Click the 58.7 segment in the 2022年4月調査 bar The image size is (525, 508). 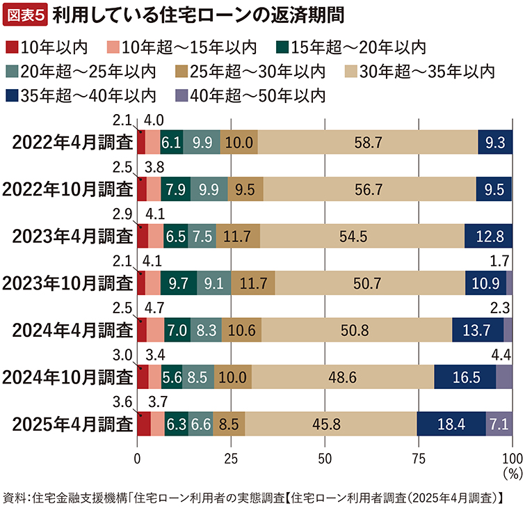pyautogui.click(x=368, y=142)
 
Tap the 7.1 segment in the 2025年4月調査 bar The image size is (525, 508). pyautogui.click(x=499, y=423)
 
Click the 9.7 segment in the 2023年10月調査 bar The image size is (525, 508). pyautogui.click(x=179, y=283)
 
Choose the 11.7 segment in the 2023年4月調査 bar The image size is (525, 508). pyautogui.click(x=238, y=236)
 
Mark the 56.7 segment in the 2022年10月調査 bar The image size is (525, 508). pyautogui.click(x=369, y=189)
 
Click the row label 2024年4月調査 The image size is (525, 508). pyautogui.click(x=67, y=329)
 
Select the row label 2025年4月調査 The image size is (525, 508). pyautogui.click(x=67, y=423)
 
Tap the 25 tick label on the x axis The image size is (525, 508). pyautogui.click(x=232, y=458)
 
